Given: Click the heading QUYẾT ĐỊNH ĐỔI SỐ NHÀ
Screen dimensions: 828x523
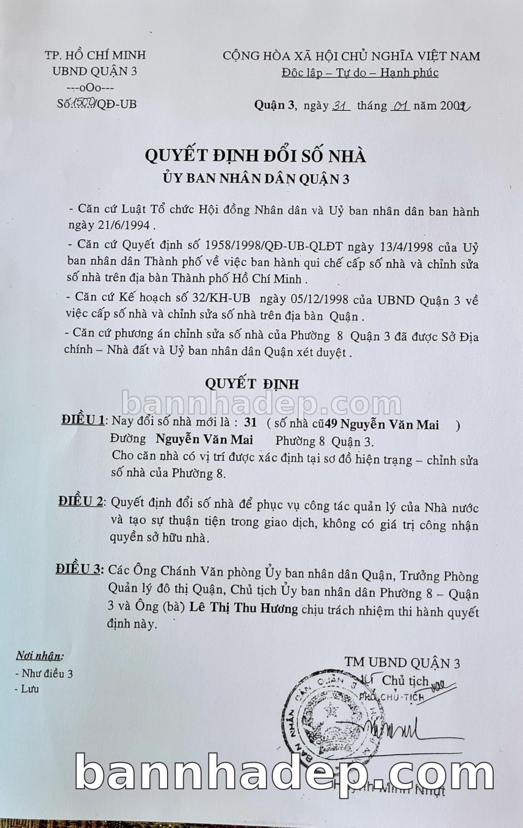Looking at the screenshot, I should coord(255,156).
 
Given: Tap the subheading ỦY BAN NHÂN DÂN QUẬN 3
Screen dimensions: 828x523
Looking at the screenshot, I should coord(255,179).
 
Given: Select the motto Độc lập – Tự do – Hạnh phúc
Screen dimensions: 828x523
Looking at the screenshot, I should coord(360,73).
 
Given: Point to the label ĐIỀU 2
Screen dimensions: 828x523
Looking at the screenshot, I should coord(81,501).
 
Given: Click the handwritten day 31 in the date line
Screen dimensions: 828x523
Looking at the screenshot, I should coord(341,106).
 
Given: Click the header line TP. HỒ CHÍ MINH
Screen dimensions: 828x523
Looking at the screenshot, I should coord(95,55).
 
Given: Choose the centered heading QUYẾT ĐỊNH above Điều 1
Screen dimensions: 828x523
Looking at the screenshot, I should coord(252,384).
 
